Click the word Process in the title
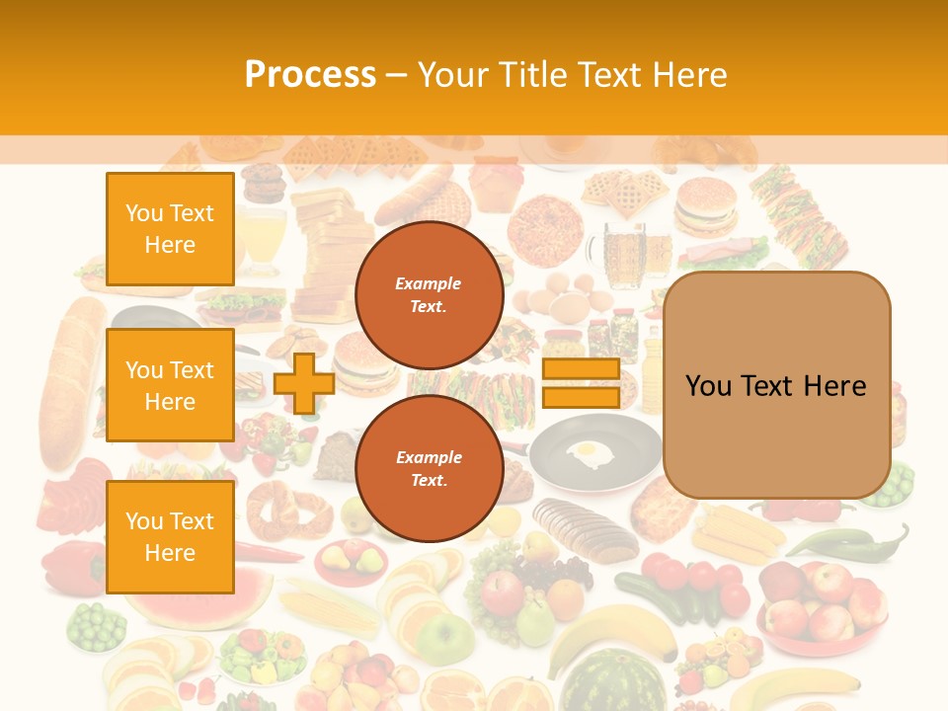[310, 75]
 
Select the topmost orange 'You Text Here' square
[170, 229]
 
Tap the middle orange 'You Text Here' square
[170, 385]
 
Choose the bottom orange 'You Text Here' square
[170, 536]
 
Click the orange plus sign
[304, 383]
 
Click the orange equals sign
[581, 383]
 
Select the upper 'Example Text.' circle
[429, 295]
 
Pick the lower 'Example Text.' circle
[429, 469]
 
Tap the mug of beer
[625, 254]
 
